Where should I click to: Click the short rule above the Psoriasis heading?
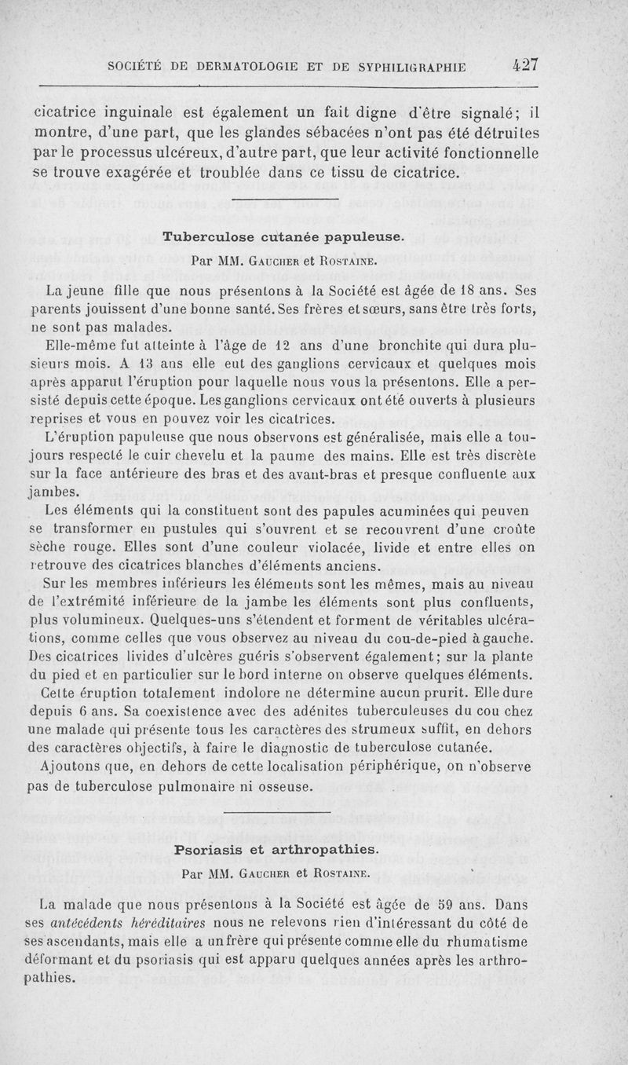(x=278, y=812)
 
